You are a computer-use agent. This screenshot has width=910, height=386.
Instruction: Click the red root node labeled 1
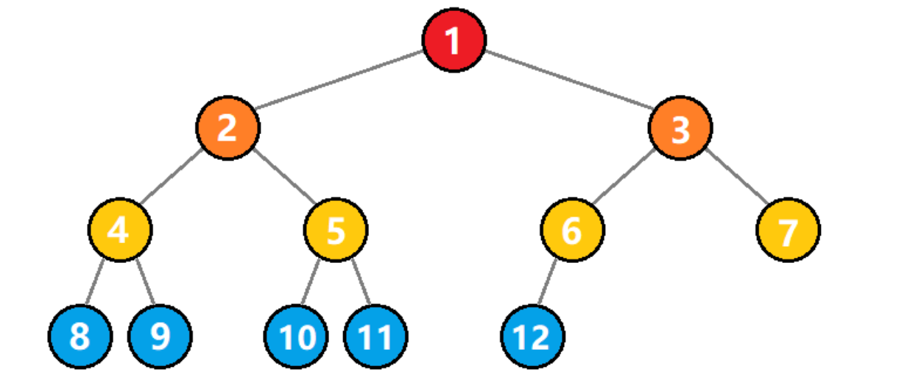coord(454,40)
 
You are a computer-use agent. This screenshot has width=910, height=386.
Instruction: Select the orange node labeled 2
coord(227,128)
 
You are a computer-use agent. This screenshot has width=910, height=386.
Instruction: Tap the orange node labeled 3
coord(680,128)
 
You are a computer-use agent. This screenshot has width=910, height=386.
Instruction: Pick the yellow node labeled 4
coord(120,230)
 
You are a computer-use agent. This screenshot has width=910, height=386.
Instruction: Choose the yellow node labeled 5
coord(336,230)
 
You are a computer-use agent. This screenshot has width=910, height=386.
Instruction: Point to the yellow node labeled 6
coord(572,230)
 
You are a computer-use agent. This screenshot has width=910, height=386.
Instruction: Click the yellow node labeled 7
coord(788,230)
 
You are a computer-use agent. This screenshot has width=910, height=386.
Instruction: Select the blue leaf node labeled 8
coord(80,336)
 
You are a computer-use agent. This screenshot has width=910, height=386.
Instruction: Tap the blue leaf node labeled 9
coord(160,336)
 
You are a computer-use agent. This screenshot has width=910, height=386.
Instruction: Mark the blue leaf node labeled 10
coord(296,336)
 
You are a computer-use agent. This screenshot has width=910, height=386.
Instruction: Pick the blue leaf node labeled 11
coord(375,336)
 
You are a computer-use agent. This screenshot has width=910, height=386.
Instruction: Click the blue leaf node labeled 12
coord(532,336)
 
